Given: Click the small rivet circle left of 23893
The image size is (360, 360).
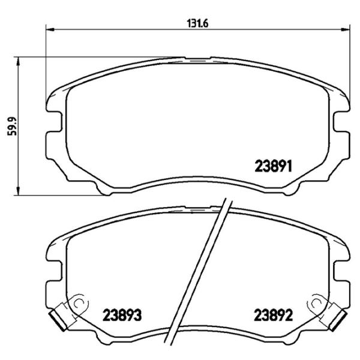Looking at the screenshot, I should pos(76,305).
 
